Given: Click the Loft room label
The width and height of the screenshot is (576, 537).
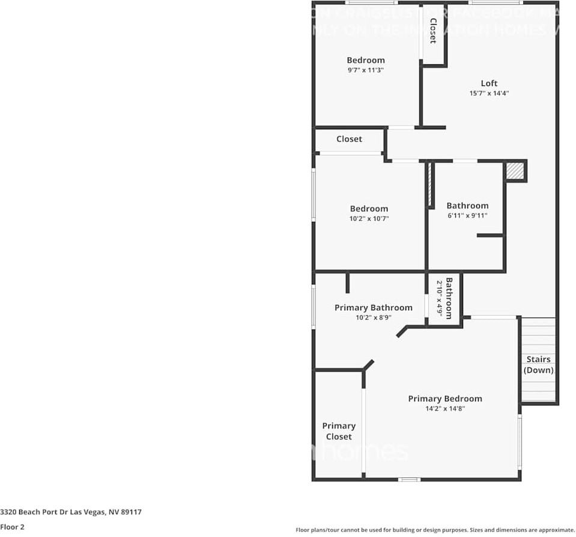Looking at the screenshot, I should tap(489, 84).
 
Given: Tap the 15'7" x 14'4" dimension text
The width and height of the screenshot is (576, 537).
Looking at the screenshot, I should tap(489, 93).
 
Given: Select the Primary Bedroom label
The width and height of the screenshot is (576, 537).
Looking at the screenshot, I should tap(444, 399).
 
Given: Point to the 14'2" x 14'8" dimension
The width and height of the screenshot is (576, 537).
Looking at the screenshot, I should tap(444, 408).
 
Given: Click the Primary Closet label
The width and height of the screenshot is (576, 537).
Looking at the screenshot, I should tap(339, 431).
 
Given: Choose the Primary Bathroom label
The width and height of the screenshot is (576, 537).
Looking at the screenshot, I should tap(373, 307).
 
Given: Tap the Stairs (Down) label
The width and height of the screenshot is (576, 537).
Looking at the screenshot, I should tap(538, 364).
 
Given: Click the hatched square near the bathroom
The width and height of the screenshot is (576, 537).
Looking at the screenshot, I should tap(514, 171).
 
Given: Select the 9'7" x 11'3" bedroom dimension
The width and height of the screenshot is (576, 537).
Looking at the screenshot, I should tap(365, 70).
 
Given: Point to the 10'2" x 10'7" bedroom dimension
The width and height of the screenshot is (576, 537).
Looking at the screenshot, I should tap(369, 219).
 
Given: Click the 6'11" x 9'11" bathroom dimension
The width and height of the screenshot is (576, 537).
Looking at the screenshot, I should tap(467, 215).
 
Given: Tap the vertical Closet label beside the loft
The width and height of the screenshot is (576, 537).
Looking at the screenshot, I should tap(432, 31).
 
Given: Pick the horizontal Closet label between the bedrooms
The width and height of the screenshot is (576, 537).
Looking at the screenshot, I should tap(349, 139).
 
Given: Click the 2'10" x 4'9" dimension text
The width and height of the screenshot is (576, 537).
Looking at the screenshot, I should tap(440, 298).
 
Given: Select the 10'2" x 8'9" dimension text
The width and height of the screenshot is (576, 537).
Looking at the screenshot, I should tap(373, 318).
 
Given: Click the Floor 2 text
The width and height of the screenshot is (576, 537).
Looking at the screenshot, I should tap(12, 527).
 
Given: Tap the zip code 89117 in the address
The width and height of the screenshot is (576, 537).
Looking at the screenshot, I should tap(132, 512).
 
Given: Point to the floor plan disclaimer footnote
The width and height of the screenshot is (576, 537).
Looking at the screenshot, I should tap(435, 530).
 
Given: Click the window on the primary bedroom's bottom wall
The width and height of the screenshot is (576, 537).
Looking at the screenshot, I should tap(410, 479).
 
